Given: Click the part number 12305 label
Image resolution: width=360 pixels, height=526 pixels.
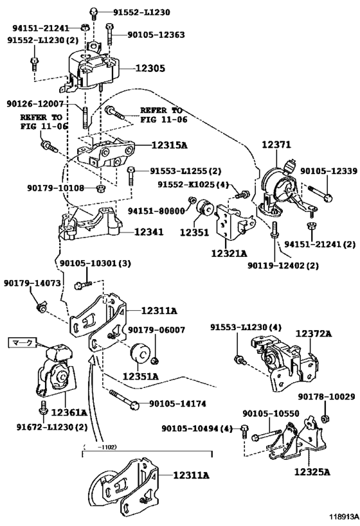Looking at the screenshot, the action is pos(150,69).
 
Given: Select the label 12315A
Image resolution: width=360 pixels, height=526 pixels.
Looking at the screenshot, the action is pos(169,145).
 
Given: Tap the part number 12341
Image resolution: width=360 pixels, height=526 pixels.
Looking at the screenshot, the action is pos(148,232).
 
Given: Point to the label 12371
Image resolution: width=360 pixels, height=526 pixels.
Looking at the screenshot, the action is pos(276,145).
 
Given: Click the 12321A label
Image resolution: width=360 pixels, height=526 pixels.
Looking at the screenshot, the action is pos(229,253).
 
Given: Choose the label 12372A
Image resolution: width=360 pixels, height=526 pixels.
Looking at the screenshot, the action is pos(314,333).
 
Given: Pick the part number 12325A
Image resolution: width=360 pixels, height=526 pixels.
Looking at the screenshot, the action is pos(312,472).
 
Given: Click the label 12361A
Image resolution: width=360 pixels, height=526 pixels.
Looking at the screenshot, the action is pos(69,412).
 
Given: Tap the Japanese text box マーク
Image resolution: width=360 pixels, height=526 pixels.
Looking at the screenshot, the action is pos(22,342).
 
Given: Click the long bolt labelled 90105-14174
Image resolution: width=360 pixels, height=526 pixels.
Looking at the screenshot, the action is pos(124,399).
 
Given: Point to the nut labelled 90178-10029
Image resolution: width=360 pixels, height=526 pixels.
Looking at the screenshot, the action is pos(325,419).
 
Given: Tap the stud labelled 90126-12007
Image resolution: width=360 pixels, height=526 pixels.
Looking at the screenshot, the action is pos(85,117).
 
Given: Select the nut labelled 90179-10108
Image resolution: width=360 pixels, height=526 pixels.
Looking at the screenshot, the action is pos(100,188).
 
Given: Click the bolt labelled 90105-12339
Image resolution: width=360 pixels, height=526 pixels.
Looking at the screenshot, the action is pos(320,193).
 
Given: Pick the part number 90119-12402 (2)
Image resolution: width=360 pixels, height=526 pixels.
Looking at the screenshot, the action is pos(283,266).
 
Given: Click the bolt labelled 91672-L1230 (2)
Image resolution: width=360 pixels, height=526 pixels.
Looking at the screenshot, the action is pos(42,408).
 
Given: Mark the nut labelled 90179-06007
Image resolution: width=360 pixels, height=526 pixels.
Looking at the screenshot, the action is pos(155,361).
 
